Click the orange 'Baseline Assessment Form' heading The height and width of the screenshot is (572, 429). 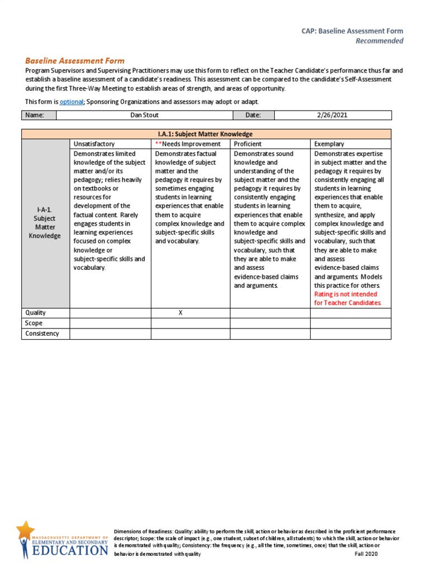pyautogui.click(x=75, y=61)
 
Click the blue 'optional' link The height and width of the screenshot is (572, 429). pyautogui.click(x=71, y=101)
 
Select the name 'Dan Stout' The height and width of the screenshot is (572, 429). pyautogui.click(x=144, y=115)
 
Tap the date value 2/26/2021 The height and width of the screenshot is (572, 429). pyautogui.click(x=332, y=115)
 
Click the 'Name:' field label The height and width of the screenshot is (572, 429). pyautogui.click(x=34, y=115)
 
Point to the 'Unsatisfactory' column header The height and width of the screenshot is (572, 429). pyautogui.click(x=94, y=144)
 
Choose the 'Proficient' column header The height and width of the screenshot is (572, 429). pyautogui.click(x=248, y=144)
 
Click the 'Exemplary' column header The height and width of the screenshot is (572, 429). pyautogui.click(x=329, y=144)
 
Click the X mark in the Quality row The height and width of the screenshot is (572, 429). pyautogui.click(x=180, y=313)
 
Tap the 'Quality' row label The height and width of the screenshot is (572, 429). pyautogui.click(x=35, y=313)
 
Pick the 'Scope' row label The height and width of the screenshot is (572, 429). pyautogui.click(x=34, y=323)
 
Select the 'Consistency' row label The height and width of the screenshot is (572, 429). pyautogui.click(x=42, y=334)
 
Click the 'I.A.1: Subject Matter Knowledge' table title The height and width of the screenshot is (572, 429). pyautogui.click(x=206, y=134)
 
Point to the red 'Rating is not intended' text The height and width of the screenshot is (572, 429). pyautogui.click(x=346, y=294)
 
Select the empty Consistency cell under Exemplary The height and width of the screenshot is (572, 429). pyautogui.click(x=350, y=334)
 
